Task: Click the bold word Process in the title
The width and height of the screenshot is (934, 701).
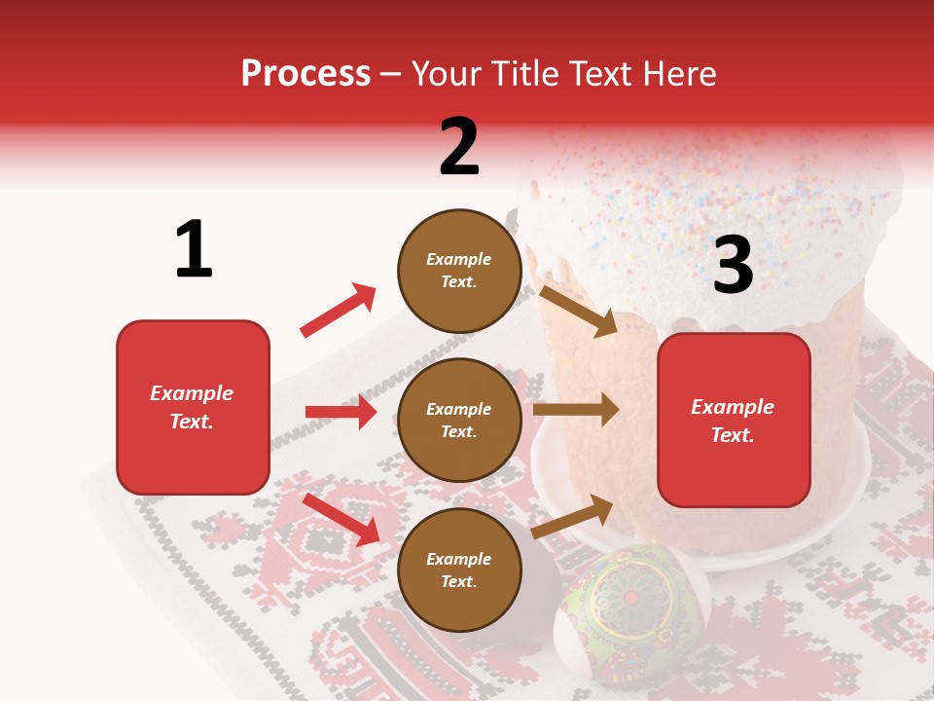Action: tap(305, 73)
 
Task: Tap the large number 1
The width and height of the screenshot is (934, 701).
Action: tap(194, 249)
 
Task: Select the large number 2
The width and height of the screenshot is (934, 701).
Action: tap(459, 147)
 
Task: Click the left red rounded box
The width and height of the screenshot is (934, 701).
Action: tap(193, 407)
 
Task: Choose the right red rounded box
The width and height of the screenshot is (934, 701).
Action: tap(734, 420)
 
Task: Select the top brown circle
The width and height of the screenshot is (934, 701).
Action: tap(459, 271)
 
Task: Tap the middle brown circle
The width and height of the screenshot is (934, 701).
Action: tap(459, 420)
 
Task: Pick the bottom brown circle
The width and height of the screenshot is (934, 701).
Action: tap(459, 570)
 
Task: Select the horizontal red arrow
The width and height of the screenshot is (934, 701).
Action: tap(341, 412)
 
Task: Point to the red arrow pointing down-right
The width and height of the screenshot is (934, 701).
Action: tap(341, 519)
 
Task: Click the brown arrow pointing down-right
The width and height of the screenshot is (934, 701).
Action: tap(578, 311)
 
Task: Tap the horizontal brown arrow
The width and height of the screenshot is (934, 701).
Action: tap(575, 410)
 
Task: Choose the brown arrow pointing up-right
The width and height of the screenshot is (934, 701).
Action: tap(572, 516)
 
